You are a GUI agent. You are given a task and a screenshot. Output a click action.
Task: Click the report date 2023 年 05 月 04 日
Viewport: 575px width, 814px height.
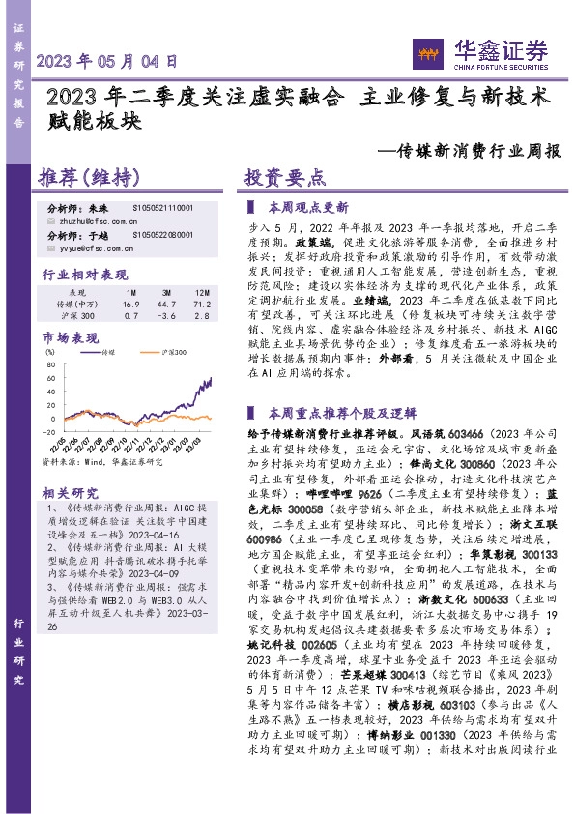[106, 60]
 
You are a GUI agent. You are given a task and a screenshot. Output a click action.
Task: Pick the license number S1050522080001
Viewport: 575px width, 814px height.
[163, 235]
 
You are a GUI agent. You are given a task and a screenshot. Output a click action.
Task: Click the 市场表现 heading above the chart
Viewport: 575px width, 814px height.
[71, 338]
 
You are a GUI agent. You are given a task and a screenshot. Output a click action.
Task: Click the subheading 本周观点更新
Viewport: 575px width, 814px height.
[308, 207]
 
